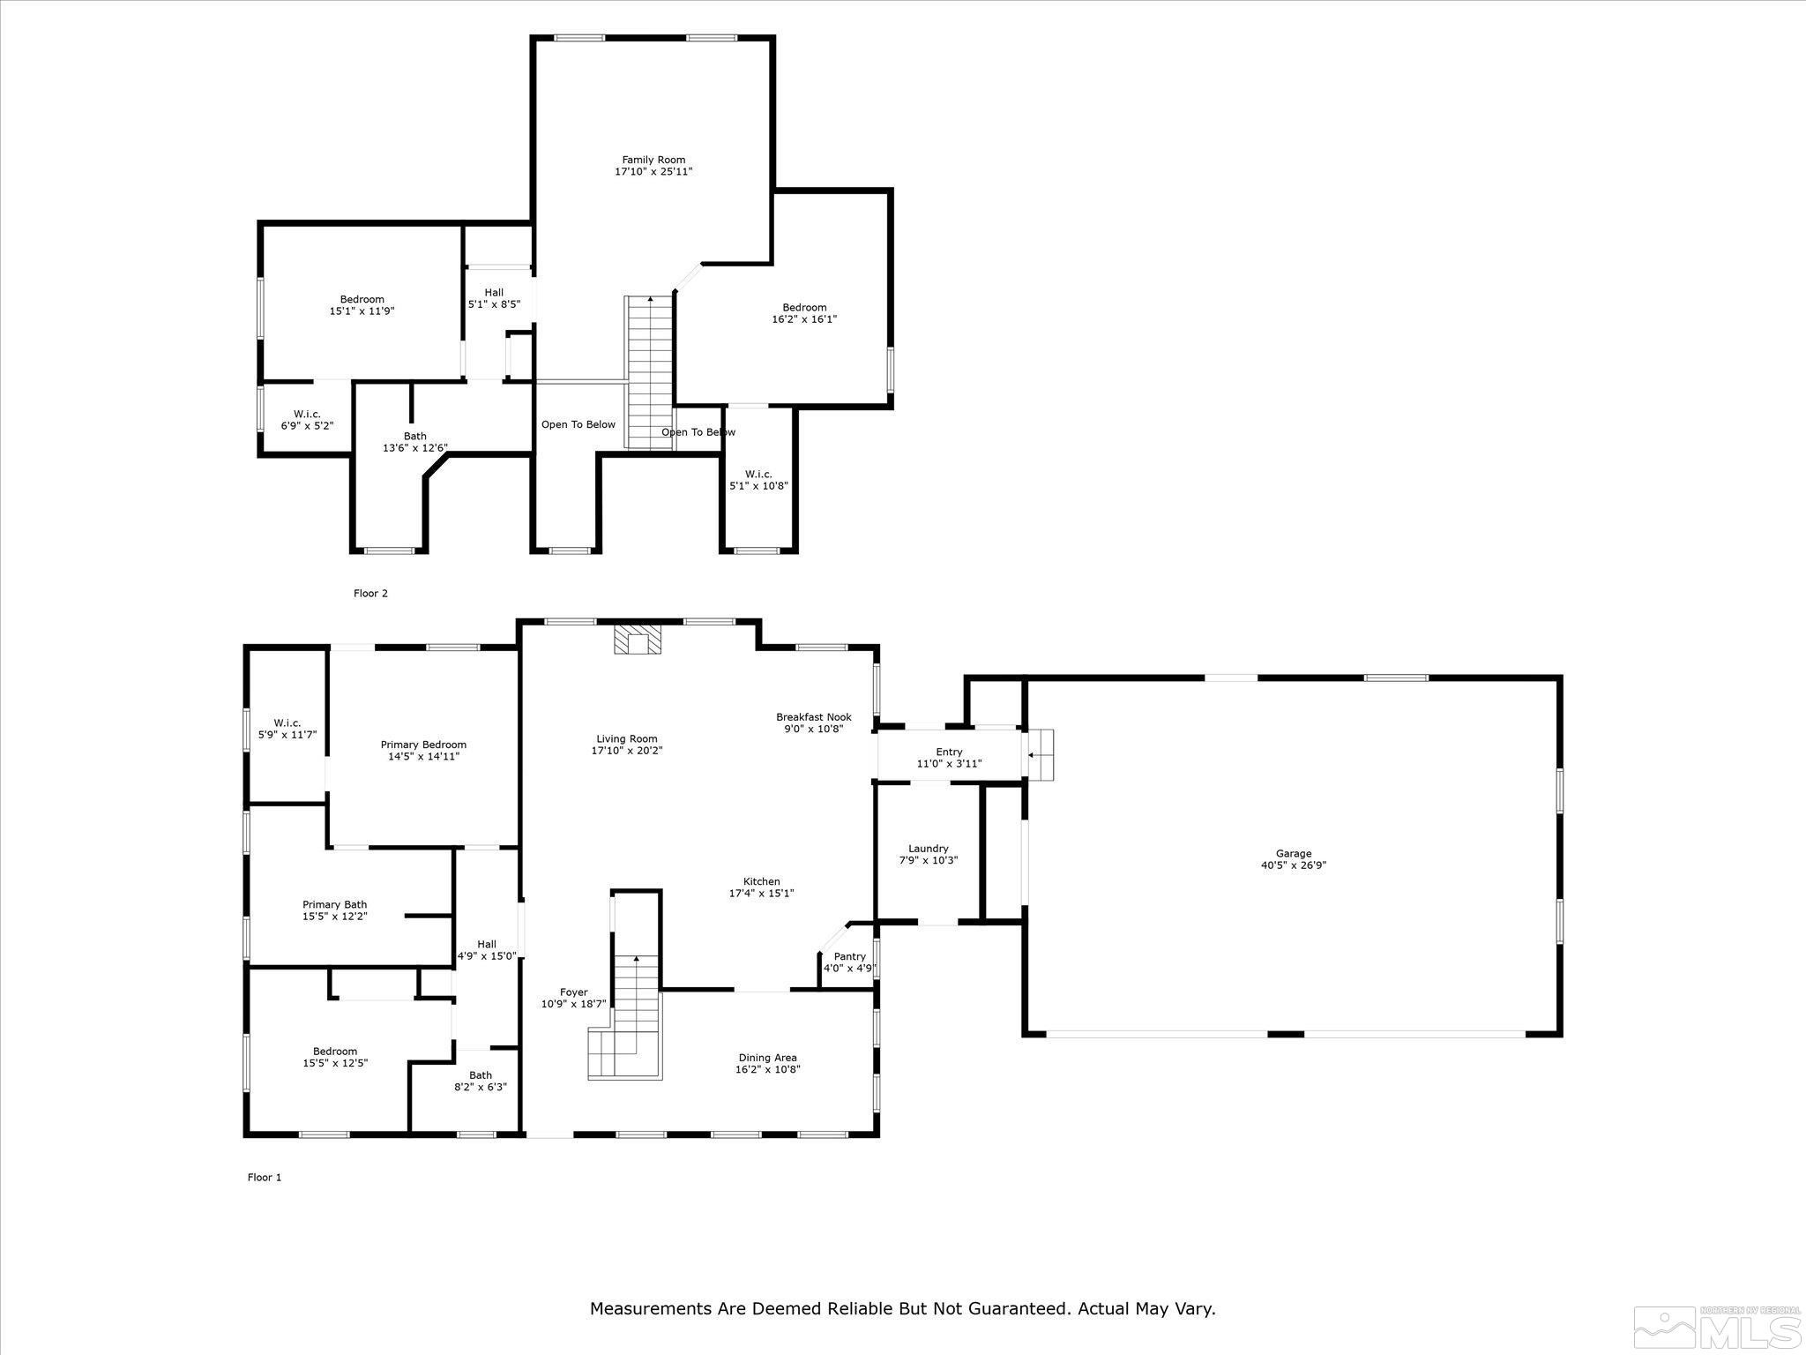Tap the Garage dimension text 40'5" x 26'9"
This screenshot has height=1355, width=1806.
(1293, 865)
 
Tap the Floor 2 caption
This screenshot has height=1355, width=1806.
(370, 594)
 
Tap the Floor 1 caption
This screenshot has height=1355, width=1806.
(265, 1177)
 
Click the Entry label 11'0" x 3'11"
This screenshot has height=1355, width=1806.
(949, 758)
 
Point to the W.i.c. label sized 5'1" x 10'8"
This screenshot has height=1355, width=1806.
(757, 480)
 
